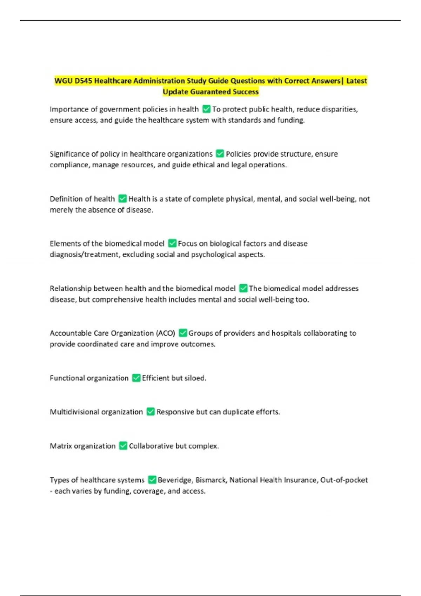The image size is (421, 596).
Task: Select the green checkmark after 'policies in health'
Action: tap(206, 109)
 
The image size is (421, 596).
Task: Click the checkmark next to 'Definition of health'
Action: tap(122, 199)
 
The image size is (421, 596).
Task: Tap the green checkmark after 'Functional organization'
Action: tap(136, 378)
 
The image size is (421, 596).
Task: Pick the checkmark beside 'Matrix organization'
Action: tap(123, 446)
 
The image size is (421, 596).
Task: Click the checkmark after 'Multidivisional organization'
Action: tap(151, 412)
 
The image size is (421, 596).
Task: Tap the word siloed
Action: tap(195, 378)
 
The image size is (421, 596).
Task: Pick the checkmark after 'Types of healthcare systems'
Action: tap(152, 480)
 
